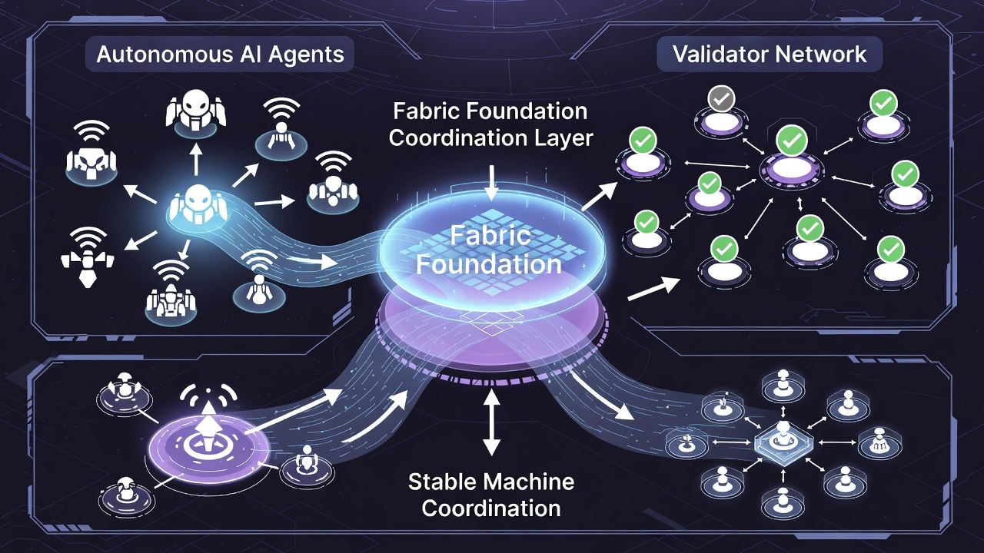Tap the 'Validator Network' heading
[x=770, y=55]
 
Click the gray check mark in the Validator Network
[x=723, y=98]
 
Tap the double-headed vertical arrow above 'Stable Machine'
[x=491, y=422]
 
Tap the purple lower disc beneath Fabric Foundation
[x=491, y=338]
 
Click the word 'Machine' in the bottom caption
[x=530, y=482]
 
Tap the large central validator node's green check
[x=790, y=141]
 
